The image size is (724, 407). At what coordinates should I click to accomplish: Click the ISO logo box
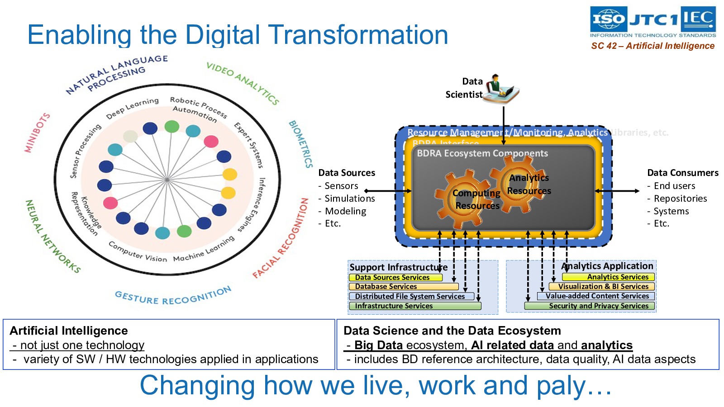pos(609,19)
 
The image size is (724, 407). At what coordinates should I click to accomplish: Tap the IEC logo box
pos(698,19)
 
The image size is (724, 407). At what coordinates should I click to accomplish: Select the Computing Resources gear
pos(464,199)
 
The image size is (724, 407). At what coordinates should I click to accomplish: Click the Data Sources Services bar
pos(395,277)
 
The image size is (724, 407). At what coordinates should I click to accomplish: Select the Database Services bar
pos(404,287)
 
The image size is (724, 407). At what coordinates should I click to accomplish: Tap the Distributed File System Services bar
pos(411,296)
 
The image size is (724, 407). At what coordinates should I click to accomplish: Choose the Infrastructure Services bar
pos(415,306)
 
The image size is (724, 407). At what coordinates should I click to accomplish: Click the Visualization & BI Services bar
pos(601,286)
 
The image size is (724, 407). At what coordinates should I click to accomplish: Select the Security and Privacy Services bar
pos(589,306)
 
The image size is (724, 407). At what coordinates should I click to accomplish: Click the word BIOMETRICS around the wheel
pos(301,144)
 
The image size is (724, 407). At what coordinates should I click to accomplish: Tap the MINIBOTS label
pos(37,133)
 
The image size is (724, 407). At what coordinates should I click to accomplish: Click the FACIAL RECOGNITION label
pos(281,238)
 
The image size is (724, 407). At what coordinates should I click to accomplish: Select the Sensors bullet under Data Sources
pos(341,186)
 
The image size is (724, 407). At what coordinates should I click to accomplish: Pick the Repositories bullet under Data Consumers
pos(680,199)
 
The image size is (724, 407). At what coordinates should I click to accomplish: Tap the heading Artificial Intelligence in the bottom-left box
pos(69,331)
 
